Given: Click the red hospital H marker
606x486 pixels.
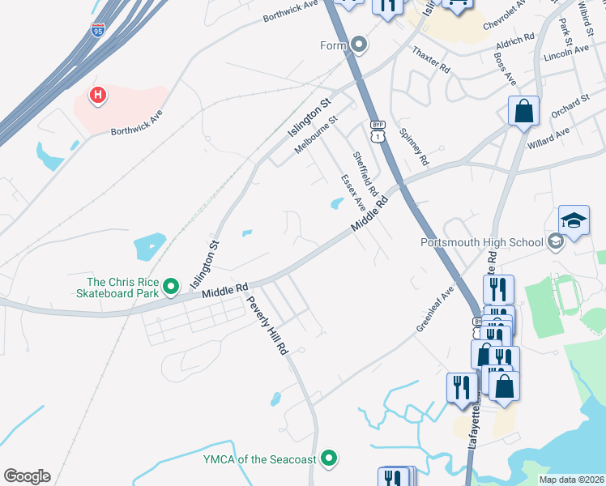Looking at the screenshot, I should pyautogui.click(x=97, y=96).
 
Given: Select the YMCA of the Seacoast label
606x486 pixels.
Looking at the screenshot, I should pyautogui.click(x=258, y=459).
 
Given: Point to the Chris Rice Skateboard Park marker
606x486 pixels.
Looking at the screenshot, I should pyautogui.click(x=171, y=286).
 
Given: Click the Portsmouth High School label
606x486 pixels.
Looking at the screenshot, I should pyautogui.click(x=481, y=242).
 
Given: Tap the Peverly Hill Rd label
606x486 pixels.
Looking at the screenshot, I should pyautogui.click(x=267, y=324).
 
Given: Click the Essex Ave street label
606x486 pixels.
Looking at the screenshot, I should pyautogui.click(x=353, y=194).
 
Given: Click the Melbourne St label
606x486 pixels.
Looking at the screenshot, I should pyautogui.click(x=316, y=134).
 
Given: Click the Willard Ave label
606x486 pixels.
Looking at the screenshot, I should pyautogui.click(x=548, y=136).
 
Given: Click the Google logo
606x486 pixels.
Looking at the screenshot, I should pyautogui.click(x=27, y=476).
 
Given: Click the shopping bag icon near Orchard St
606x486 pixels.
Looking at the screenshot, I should pyautogui.click(x=524, y=112).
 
